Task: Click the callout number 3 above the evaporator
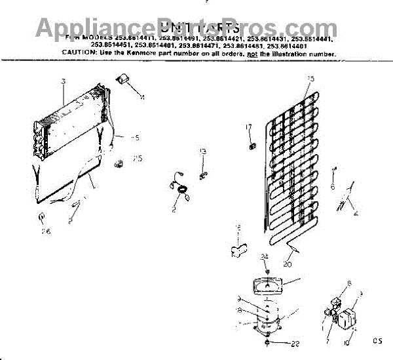(x=64, y=81)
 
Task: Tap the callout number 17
(x=249, y=127)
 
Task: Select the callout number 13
(x=203, y=151)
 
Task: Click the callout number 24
(x=265, y=256)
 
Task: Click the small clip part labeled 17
(x=251, y=142)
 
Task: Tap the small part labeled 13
(x=202, y=174)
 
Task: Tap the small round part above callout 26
(x=42, y=217)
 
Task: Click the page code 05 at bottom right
(x=376, y=340)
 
